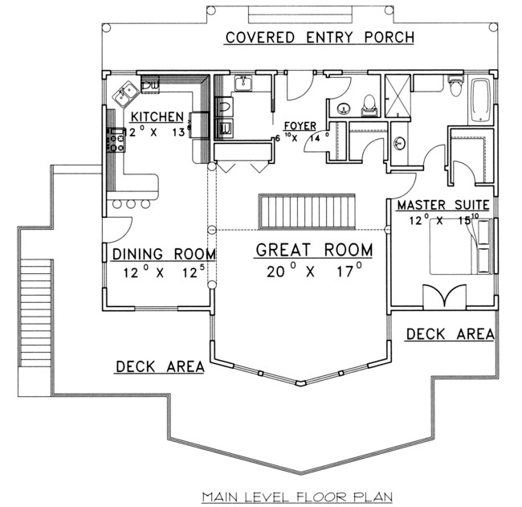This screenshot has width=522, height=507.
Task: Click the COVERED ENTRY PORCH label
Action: pyautogui.click(x=320, y=37)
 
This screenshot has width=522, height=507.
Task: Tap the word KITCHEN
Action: pyautogui.click(x=157, y=117)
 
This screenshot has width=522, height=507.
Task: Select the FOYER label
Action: pyautogui.click(x=300, y=126)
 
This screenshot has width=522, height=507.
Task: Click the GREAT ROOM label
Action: pyautogui.click(x=314, y=250)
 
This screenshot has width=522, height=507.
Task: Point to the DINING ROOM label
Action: pyautogui.click(x=164, y=254)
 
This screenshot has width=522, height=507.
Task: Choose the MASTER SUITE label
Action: pyautogui.click(x=443, y=205)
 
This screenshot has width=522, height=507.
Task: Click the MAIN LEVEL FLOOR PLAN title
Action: pyautogui.click(x=297, y=497)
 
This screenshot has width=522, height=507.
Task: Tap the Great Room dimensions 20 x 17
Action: pyautogui.click(x=314, y=272)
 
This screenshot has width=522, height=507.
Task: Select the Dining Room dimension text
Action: pyautogui.click(x=164, y=272)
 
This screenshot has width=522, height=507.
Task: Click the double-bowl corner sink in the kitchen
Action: pyautogui.click(x=126, y=94)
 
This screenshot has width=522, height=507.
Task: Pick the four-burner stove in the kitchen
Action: pyautogui.click(x=116, y=141)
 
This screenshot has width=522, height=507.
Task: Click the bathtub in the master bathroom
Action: pyautogui.click(x=481, y=100)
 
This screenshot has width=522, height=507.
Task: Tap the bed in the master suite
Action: pyautogui.click(x=460, y=247)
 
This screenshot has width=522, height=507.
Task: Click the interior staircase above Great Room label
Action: pyautogui.click(x=307, y=211)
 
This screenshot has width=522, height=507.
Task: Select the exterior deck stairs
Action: pyautogui.click(x=35, y=313)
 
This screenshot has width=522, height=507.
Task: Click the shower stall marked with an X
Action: pyautogui.click(x=398, y=96)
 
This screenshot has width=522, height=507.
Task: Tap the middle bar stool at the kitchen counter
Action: pyautogui.click(x=131, y=203)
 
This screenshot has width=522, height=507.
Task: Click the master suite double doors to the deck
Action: pyautogui.click(x=444, y=296)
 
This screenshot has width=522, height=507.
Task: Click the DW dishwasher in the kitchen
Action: pyautogui.click(x=150, y=84)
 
